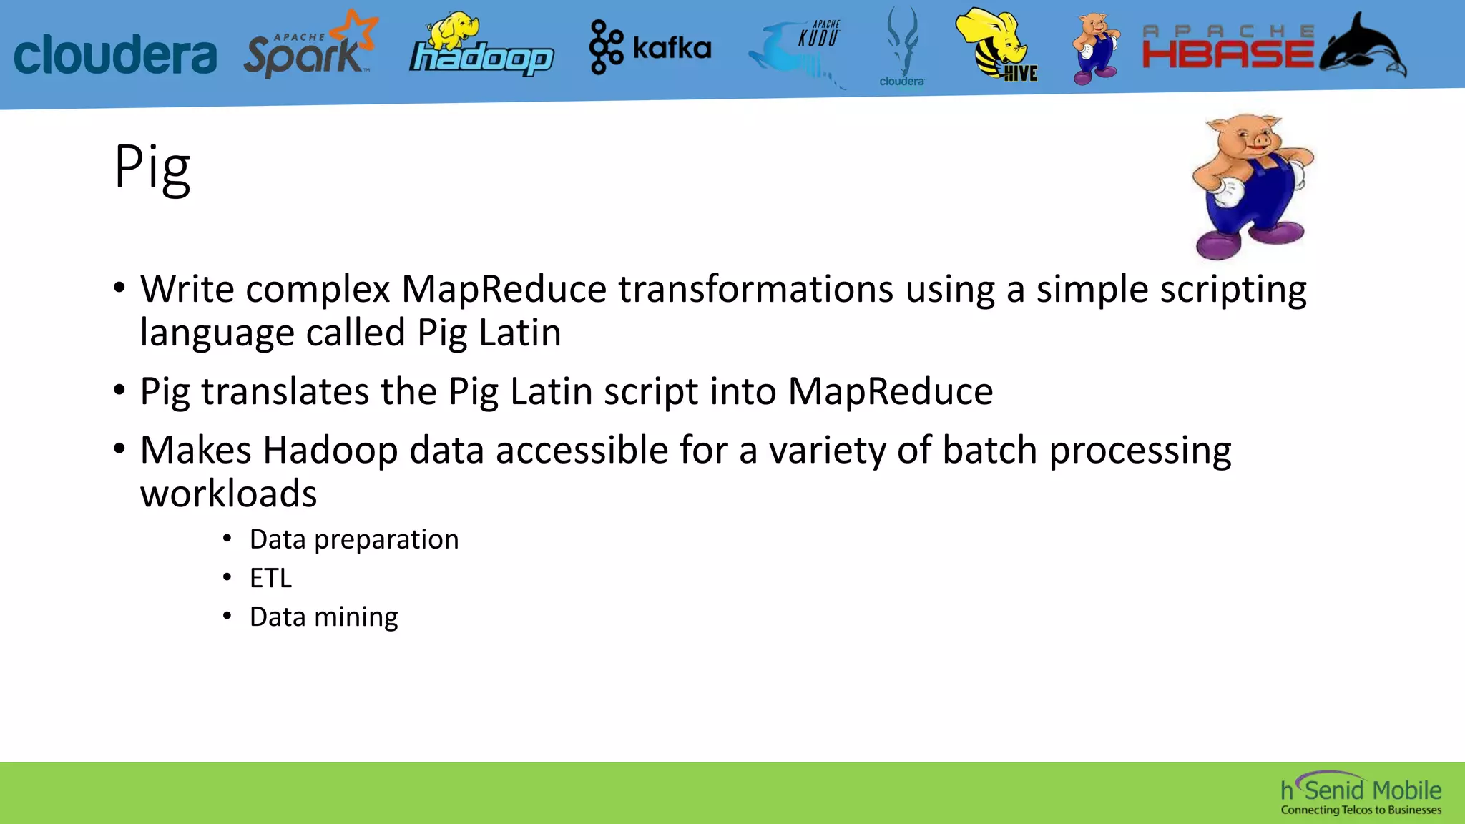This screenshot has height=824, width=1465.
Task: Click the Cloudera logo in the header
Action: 114,54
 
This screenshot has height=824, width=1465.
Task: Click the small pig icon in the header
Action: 1094,49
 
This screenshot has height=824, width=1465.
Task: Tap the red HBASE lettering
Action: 1228,54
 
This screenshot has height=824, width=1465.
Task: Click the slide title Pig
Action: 152,167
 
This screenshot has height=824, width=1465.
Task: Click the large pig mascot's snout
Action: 1260,143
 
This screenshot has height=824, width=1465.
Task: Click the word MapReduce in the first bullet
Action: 504,290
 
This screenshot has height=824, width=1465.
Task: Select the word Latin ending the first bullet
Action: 520,333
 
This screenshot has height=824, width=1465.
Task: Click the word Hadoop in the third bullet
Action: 330,451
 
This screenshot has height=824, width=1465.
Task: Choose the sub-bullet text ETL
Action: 270,578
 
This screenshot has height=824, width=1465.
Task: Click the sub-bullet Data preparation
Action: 353,539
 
